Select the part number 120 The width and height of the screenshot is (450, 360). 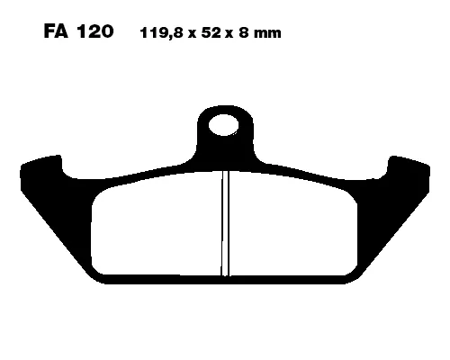(94, 34)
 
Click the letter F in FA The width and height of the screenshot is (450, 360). (49, 34)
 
